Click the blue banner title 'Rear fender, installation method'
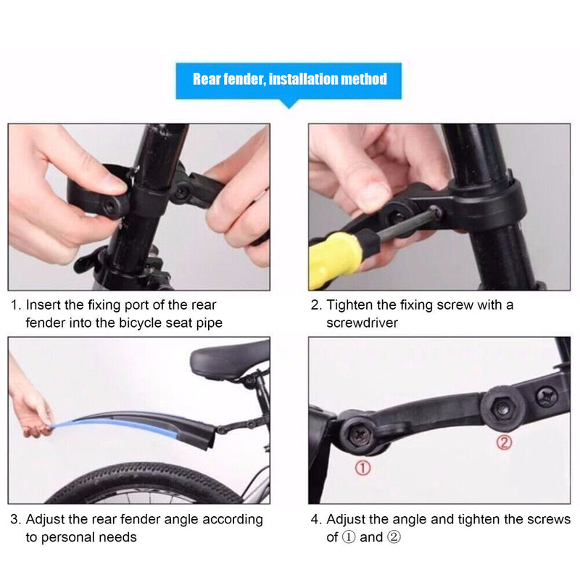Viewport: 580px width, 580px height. (289, 79)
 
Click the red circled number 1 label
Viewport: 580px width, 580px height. (362, 468)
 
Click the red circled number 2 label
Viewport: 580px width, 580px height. (504, 442)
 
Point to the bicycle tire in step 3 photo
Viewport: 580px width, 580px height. (145, 485)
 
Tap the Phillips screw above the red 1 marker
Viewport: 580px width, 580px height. (357, 433)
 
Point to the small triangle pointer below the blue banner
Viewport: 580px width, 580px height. (289, 104)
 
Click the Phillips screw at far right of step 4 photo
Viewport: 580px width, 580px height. (546, 396)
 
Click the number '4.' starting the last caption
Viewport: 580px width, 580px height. (316, 520)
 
